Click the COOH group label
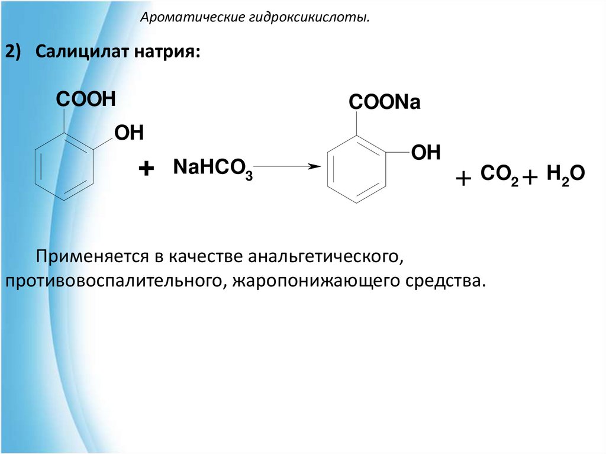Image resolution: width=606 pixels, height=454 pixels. tap(85, 99)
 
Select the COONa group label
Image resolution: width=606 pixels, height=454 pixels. tap(384, 103)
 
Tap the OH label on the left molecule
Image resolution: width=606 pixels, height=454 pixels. tap(129, 133)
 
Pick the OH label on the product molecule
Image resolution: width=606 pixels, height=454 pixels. tap(426, 153)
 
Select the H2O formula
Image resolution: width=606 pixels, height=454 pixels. tap(566, 175)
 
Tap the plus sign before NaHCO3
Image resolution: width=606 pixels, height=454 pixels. tap(146, 169)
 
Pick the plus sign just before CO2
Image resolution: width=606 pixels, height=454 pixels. tap(464, 178)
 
